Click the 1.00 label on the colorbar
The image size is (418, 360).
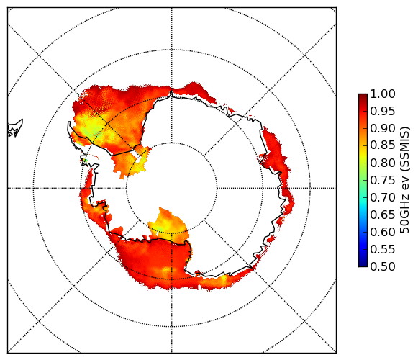pos(383,94)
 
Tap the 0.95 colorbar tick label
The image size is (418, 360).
pos(383,111)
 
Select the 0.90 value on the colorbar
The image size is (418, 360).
pos(383,128)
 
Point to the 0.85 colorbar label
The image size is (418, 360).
pos(383,145)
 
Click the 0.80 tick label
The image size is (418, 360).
pos(383,163)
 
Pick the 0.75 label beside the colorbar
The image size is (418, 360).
pos(383,180)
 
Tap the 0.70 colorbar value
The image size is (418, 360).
pos(383,197)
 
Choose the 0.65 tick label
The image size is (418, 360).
pos(383,215)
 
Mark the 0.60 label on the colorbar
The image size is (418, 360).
pos(383,232)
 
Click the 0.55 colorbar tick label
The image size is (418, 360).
pos(383,249)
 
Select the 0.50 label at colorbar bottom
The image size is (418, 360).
pos(383,266)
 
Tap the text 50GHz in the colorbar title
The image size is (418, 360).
pos(404,212)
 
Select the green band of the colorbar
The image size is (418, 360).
pos(363,180)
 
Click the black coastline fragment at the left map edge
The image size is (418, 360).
pos(14,129)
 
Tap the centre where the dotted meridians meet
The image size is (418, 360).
pos(172,188)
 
